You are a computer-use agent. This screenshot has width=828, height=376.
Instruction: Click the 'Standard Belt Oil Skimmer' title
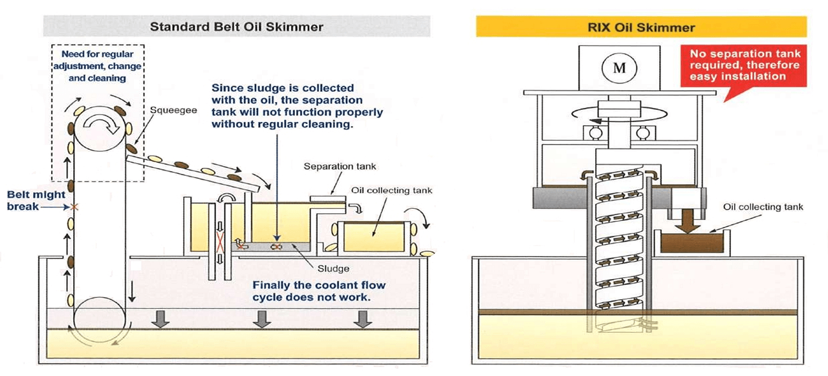tap(237, 27)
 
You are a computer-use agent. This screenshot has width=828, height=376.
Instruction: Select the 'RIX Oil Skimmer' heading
tap(641, 27)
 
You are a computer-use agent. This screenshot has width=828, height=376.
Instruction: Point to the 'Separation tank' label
tap(340, 167)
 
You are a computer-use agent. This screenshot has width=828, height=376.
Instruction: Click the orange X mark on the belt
tap(75, 207)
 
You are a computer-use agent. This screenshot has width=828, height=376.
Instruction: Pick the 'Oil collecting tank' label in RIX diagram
tap(763, 207)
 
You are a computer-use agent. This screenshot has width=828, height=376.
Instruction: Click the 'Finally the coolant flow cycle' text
tap(319, 290)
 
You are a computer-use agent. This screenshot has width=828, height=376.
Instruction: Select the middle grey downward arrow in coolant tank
tap(261, 319)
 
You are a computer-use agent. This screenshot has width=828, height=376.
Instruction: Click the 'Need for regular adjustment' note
tap(97, 66)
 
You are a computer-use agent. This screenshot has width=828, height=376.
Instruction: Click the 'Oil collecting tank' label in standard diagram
tap(391, 191)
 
